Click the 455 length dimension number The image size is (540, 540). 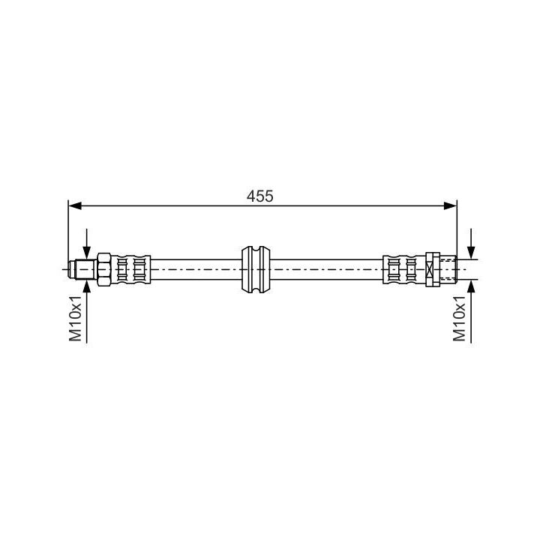pyautogui.click(x=260, y=196)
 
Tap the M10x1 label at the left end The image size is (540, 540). pyautogui.click(x=75, y=318)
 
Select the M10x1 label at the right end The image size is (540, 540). pyautogui.click(x=460, y=318)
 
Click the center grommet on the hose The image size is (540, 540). pyautogui.click(x=255, y=268)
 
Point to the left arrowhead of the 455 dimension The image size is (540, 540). pyautogui.click(x=73, y=204)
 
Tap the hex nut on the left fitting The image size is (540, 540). pyautogui.click(x=104, y=268)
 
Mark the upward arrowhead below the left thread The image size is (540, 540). pyautogui.click(x=87, y=284)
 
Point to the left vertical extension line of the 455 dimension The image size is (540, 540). pyautogui.click(x=67, y=232)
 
